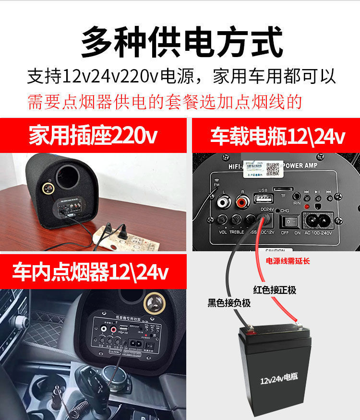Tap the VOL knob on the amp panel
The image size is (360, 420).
[223, 220]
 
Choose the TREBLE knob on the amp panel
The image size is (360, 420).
[237, 220]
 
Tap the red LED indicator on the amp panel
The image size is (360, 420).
[294, 207]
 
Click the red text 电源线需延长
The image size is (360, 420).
[288, 261]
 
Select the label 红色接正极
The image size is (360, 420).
[275, 290]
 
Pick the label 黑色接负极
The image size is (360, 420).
[229, 303]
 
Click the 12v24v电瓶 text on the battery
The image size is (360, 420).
[279, 381]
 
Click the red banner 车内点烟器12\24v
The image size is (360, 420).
[91, 272]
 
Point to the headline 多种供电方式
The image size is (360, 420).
[180, 42]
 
